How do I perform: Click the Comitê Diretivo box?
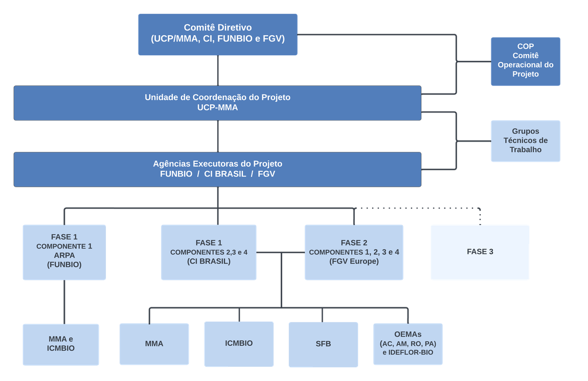pyautogui.click(x=217, y=34)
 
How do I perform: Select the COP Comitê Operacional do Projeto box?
pyautogui.click(x=525, y=61)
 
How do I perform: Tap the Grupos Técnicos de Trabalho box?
pyautogui.click(x=525, y=141)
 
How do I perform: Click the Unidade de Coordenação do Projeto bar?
pyautogui.click(x=217, y=103)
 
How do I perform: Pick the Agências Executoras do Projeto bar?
pyautogui.click(x=217, y=169)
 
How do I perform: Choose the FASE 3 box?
pyautogui.click(x=480, y=252)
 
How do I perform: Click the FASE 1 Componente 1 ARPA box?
pyautogui.click(x=64, y=252)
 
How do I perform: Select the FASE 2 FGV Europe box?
pyautogui.click(x=354, y=252)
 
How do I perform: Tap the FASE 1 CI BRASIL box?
pyautogui.click(x=209, y=252)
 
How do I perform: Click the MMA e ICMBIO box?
pyautogui.click(x=61, y=344)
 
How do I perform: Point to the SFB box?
pyautogui.click(x=323, y=344)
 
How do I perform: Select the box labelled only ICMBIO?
pyautogui.click(x=239, y=343)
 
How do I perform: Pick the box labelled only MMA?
pyautogui.click(x=154, y=344)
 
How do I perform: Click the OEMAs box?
pyautogui.click(x=408, y=344)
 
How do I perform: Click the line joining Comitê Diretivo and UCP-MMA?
pyautogui.click(x=219, y=71)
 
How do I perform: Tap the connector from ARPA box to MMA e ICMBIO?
pyautogui.click(x=64, y=302)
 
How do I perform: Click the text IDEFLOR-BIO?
pyautogui.click(x=413, y=353)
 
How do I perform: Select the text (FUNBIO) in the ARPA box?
pyautogui.click(x=64, y=265)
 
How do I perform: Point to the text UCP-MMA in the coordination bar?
pyautogui.click(x=217, y=108)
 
